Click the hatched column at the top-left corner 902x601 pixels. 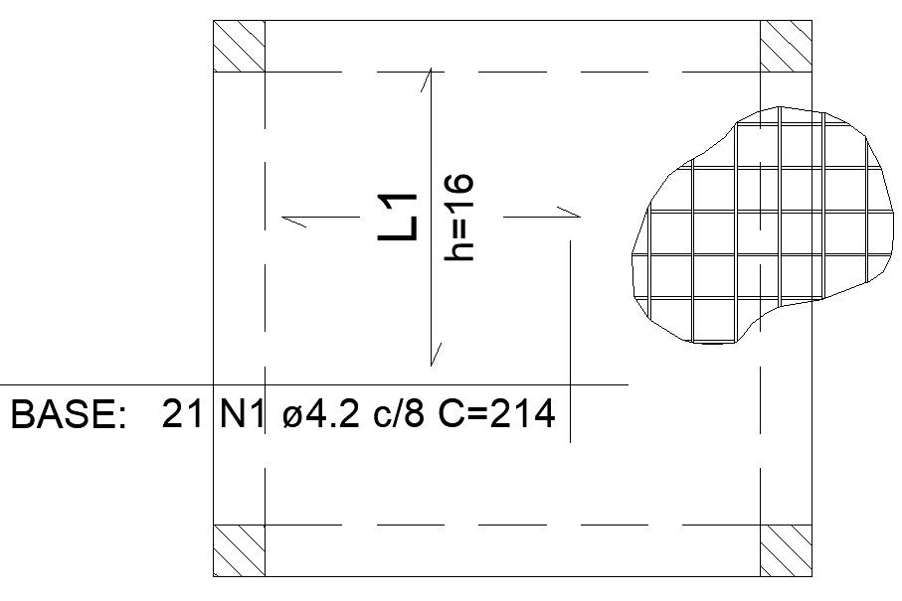coord(240,46)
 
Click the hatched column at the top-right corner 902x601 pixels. coord(787,46)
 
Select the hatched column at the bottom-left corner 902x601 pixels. coord(240,550)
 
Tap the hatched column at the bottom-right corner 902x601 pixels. coord(787,550)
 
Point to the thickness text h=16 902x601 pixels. coord(458,218)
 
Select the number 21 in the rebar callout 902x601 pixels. coord(183,414)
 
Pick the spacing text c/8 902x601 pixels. coord(398,414)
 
